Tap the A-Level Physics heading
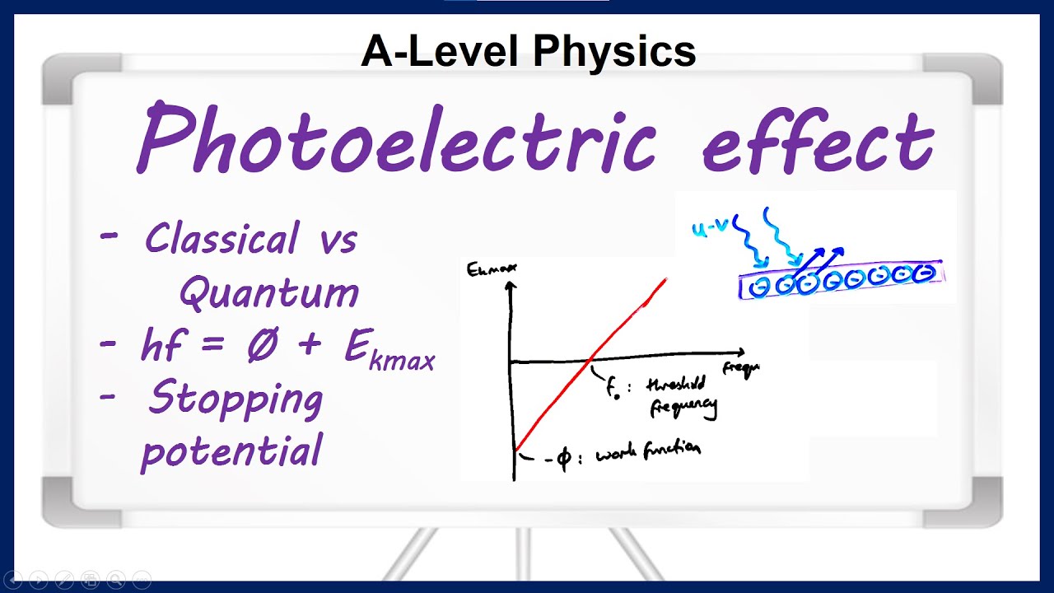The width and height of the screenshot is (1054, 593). pos(528,52)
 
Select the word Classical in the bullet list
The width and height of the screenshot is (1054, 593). pos(222,240)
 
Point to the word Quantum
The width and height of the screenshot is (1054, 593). pos(269,292)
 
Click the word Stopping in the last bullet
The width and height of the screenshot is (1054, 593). pos(235,401)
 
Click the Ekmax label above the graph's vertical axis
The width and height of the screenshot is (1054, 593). pos(486,269)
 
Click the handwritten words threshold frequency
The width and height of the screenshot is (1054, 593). pos(680,395)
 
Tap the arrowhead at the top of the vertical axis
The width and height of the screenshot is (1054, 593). pos(512,287)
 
